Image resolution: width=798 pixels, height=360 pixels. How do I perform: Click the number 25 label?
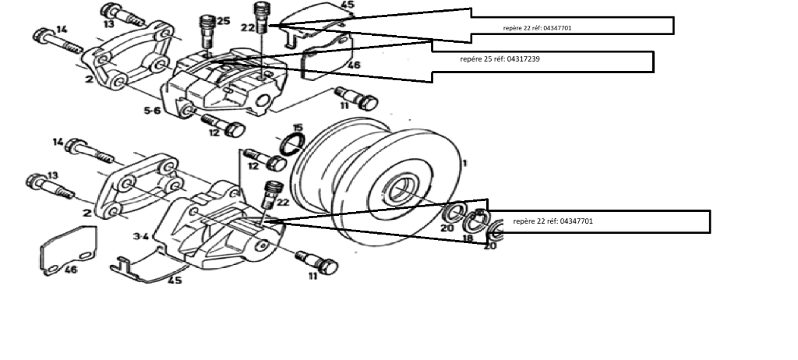[224, 21]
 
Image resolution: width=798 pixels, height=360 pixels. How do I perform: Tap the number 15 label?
[298, 127]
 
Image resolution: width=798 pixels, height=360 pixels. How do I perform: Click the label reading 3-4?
[141, 235]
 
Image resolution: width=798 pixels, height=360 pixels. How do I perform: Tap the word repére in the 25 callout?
[470, 58]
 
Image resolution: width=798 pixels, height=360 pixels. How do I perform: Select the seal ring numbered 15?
[291, 144]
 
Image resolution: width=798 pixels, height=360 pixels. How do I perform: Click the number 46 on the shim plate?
[70, 270]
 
